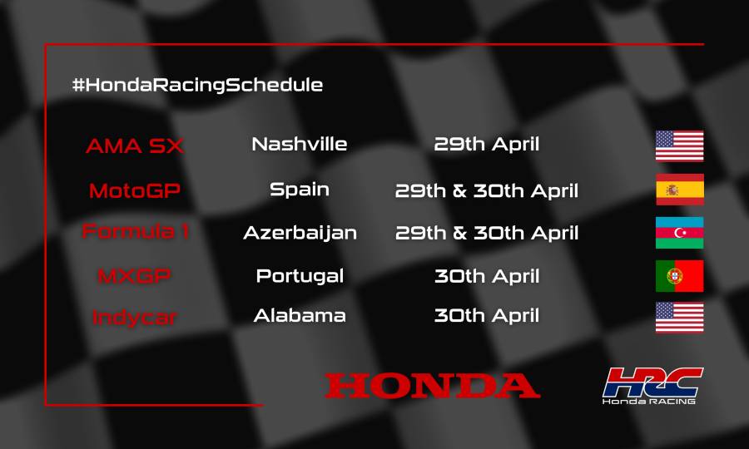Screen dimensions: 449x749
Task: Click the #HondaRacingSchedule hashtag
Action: pos(197,85)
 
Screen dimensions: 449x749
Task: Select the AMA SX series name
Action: pos(135,146)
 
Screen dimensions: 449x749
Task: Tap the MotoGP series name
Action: pos(135,190)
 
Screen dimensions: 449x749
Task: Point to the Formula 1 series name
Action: pos(135,232)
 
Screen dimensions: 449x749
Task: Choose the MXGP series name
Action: pos(135,276)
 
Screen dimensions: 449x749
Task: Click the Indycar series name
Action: pos(135,318)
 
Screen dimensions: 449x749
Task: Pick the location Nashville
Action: pos(300,144)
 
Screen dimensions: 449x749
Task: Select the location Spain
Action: pos(300,189)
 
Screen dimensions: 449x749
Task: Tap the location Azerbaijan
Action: pos(300,233)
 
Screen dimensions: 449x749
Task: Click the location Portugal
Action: pos(300,275)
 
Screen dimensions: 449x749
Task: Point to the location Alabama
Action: pos(300,316)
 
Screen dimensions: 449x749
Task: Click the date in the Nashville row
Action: pos(487,144)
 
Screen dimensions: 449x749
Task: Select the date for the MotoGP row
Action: pos(487,190)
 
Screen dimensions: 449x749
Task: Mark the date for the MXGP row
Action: pos(487,275)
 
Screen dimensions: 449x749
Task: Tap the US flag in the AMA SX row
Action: pos(679,146)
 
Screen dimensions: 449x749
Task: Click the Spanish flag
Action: pos(679,190)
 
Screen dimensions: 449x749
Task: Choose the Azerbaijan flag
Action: pos(679,232)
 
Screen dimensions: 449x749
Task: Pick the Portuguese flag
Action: pos(679,276)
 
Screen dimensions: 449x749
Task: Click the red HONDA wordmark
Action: pos(432,386)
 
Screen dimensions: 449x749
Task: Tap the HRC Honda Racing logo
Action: pos(652,386)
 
